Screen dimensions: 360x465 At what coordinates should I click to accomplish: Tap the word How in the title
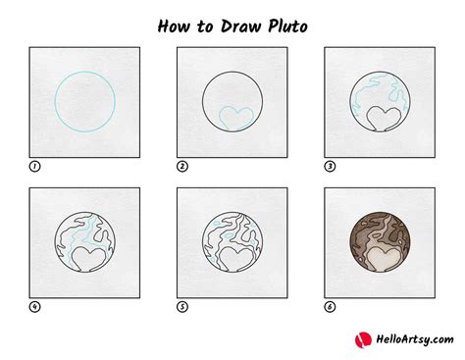(x=176, y=23)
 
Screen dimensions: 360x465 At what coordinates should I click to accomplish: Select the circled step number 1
(x=35, y=166)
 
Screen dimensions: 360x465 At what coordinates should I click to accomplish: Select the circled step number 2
(x=181, y=166)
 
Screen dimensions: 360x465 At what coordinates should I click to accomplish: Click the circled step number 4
(x=35, y=307)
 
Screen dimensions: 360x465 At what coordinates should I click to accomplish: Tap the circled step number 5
(x=181, y=307)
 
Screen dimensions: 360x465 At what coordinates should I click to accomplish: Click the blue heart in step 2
(x=232, y=119)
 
